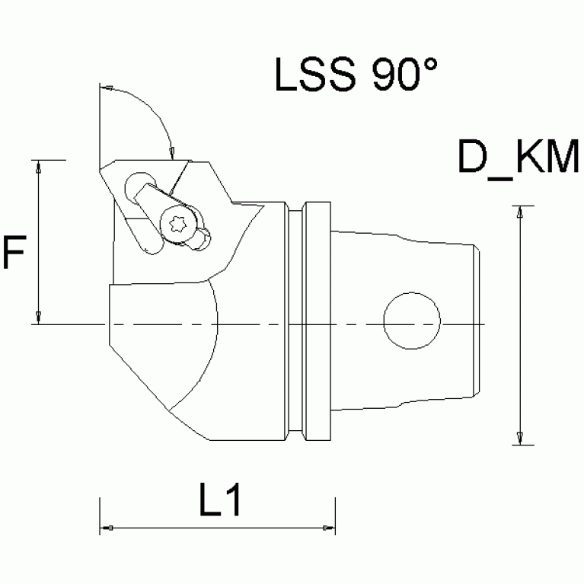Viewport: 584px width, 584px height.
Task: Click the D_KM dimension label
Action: click(x=519, y=160)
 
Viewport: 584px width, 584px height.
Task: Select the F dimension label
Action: click(x=14, y=254)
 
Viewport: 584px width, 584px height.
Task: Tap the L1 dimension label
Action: click(x=220, y=501)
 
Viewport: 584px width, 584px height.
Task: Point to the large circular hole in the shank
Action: click(x=412, y=321)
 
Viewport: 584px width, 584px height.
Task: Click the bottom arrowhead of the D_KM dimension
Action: click(x=519, y=439)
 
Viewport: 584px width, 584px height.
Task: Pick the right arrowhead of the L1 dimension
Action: click(x=328, y=528)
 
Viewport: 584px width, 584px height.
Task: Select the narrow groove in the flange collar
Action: click(x=298, y=321)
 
